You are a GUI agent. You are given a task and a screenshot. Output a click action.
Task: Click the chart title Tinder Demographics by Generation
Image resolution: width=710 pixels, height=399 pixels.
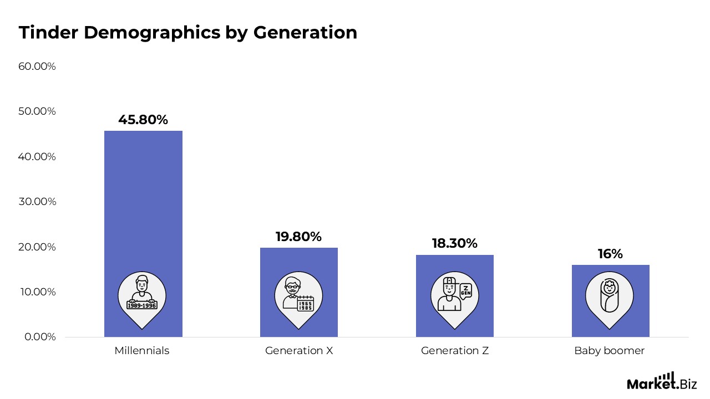pos(187,33)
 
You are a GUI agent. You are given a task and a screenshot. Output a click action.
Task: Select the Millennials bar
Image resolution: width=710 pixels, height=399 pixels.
pos(143,211)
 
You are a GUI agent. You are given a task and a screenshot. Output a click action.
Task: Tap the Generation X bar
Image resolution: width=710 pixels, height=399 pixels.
pos(299,260)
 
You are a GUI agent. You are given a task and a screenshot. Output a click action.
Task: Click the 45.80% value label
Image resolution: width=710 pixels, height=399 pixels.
pos(143,120)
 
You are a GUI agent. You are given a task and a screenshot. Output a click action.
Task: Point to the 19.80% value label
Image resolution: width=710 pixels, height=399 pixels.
pos(299,237)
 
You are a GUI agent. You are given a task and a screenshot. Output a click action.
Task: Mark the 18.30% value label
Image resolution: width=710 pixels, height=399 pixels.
pos(455,243)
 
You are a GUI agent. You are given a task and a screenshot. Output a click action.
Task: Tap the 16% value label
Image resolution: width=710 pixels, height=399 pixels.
pos(610,254)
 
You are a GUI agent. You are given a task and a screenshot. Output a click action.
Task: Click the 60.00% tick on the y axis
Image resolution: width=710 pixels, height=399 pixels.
pos(37,66)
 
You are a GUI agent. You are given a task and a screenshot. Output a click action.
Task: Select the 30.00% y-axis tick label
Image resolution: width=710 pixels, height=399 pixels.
pos(37,202)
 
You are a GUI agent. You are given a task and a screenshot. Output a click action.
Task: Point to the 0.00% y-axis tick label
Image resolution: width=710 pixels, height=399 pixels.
pos(40,337)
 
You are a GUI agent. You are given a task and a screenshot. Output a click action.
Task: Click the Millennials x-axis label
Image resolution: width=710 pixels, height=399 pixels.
pos(142,351)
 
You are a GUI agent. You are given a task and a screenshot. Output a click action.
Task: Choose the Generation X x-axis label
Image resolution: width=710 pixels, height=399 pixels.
pos(299,351)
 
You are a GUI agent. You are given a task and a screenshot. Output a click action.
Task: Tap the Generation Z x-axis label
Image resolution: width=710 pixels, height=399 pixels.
pos(455,351)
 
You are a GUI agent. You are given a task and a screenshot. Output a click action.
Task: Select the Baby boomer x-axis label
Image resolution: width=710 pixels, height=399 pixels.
pos(610,351)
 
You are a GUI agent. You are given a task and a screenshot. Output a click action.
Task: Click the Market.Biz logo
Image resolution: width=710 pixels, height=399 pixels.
pos(661,382)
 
